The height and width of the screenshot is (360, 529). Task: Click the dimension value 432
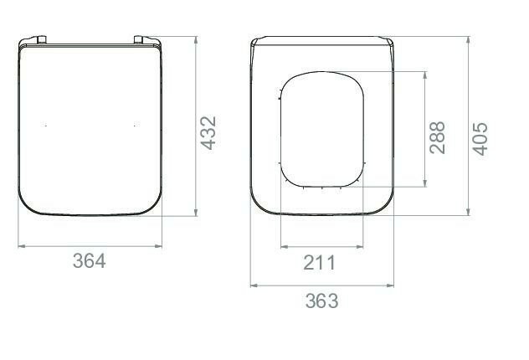(x=208, y=133)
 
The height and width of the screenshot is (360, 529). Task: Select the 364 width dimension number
(x=90, y=261)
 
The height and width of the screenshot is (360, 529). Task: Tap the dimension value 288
(x=437, y=137)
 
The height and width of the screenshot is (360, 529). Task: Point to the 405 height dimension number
(x=480, y=139)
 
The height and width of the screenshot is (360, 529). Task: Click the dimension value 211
(x=320, y=263)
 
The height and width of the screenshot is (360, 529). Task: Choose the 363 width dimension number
(x=321, y=301)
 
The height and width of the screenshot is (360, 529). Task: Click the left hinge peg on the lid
(x=42, y=39)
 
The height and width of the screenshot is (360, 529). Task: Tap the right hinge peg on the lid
(x=139, y=39)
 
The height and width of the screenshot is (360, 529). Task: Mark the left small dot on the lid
(x=46, y=126)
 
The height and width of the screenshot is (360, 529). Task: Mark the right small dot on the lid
(x=135, y=126)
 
